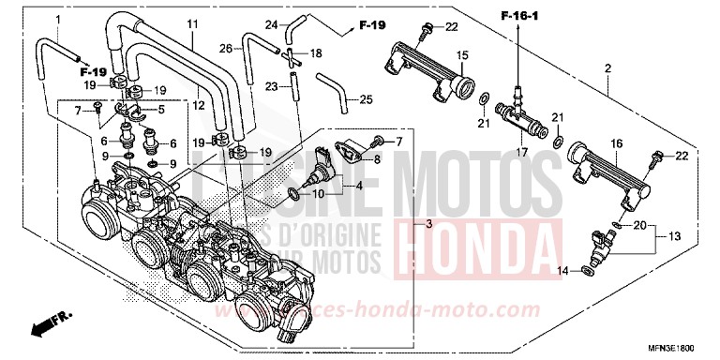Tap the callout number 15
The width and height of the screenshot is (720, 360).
[461, 57]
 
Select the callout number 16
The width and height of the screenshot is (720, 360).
[616, 142]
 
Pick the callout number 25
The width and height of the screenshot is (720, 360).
[366, 99]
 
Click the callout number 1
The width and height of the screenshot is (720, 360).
[56, 20]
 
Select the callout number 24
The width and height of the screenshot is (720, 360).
[271, 23]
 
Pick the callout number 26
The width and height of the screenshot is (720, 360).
[225, 48]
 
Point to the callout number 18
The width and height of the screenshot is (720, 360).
[316, 53]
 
